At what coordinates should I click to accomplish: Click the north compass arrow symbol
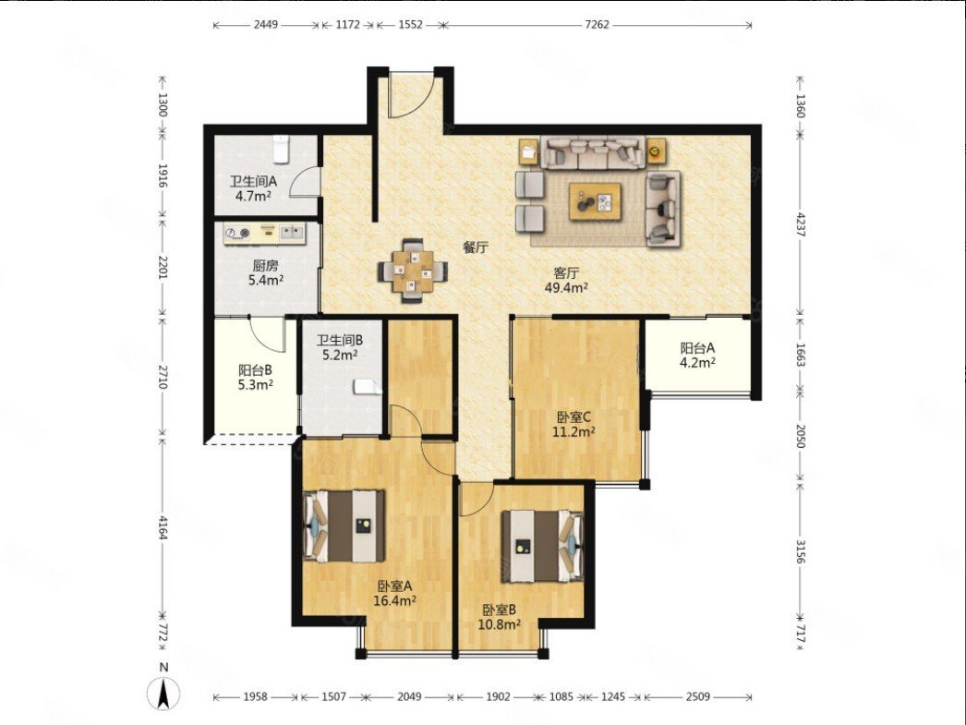tap(163, 694)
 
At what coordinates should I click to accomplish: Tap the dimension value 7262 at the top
tap(597, 25)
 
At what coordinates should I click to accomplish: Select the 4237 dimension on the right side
tap(801, 224)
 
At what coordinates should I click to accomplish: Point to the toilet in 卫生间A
tap(281, 150)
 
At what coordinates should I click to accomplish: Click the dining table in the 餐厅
tap(413, 271)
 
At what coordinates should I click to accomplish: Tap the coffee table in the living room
tap(595, 201)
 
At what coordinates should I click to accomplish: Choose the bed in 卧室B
tap(542, 546)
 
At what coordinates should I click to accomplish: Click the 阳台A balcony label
tap(697, 348)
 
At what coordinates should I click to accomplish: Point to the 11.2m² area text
tap(574, 431)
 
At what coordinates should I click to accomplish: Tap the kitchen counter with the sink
tap(264, 233)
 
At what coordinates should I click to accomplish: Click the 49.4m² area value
tap(566, 287)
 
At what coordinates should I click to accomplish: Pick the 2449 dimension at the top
tap(266, 25)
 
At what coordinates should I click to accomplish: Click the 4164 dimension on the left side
tap(163, 527)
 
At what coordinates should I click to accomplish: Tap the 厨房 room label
tap(266, 266)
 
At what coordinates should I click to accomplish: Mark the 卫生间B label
tap(340, 340)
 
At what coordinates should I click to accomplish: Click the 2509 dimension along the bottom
tap(697, 696)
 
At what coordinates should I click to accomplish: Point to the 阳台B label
tap(256, 370)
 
